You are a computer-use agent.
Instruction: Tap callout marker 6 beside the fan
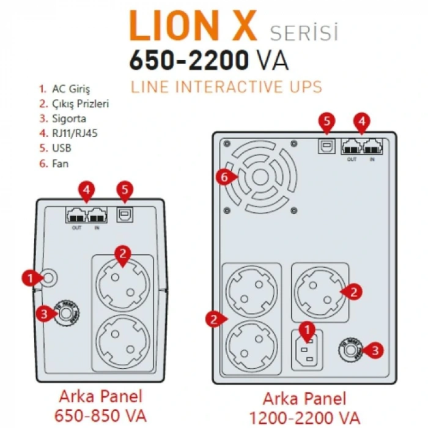pos(226,177)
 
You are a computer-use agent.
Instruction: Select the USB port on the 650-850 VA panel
pos(125,215)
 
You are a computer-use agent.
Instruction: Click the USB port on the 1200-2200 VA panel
pos(327,146)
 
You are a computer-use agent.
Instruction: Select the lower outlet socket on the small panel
pos(123,339)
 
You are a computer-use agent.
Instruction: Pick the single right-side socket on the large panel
pos(317,292)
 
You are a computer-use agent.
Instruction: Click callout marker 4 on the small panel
pos(86,191)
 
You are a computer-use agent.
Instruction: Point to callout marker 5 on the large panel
pos(327,122)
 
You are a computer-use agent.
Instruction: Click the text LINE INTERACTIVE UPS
pos(226,87)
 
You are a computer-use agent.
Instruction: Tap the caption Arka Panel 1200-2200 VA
pos(304,408)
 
